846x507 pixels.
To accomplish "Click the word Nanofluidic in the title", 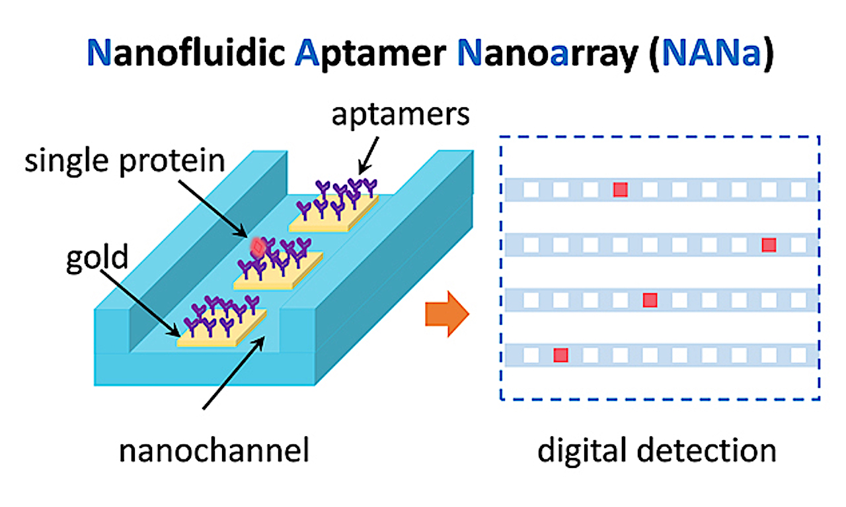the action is pyautogui.click(x=186, y=52).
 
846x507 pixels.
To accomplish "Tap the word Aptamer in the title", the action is pyautogui.click(x=371, y=54).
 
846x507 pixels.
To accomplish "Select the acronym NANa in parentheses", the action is pyautogui.click(x=711, y=52).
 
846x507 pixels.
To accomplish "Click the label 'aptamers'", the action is pyautogui.click(x=401, y=115).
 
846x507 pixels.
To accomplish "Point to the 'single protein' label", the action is pyautogui.click(x=125, y=161).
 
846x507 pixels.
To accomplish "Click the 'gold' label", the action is pyautogui.click(x=97, y=258).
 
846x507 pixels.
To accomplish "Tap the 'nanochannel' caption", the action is pyautogui.click(x=214, y=450).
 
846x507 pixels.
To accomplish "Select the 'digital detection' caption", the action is pyautogui.click(x=657, y=450).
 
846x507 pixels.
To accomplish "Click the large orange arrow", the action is pyautogui.click(x=447, y=314).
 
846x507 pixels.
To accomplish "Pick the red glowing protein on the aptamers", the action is pyautogui.click(x=258, y=248).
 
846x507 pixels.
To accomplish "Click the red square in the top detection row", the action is pyautogui.click(x=621, y=189).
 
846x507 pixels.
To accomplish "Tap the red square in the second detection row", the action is pyautogui.click(x=769, y=245).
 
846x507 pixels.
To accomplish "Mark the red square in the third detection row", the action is pyautogui.click(x=650, y=300).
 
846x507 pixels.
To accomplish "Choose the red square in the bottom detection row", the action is pyautogui.click(x=561, y=355).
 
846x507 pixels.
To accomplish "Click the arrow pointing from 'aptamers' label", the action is pyautogui.click(x=368, y=156).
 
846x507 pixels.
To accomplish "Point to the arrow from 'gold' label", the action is pyautogui.click(x=141, y=303).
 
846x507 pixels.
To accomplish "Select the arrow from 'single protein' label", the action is pyautogui.click(x=213, y=209).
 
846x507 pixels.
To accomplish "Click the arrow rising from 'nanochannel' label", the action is pyautogui.click(x=233, y=373).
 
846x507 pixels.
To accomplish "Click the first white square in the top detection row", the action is pyautogui.click(x=531, y=189).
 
